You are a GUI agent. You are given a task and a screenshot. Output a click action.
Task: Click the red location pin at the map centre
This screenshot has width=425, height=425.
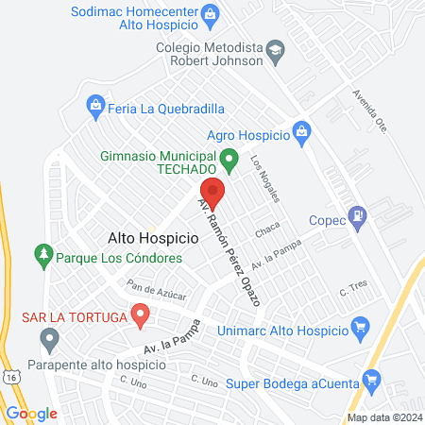pos(212,192)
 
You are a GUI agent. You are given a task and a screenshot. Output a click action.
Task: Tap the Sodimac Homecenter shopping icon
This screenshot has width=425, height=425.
pos(211,12)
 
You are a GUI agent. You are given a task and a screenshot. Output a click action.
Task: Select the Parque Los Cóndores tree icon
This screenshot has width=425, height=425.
pos(42,254)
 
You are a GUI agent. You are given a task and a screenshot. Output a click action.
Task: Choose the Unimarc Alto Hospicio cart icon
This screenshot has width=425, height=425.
pos(359,329)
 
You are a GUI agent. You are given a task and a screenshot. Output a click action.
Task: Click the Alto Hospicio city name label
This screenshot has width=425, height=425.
pos(153,240)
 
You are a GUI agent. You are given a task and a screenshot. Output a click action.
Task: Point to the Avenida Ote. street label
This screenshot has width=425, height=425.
pos(369,112)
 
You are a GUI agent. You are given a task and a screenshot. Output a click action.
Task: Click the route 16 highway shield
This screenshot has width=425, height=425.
pos(9,375)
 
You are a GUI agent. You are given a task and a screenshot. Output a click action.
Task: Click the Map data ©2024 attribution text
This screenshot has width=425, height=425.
pos(383,417)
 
